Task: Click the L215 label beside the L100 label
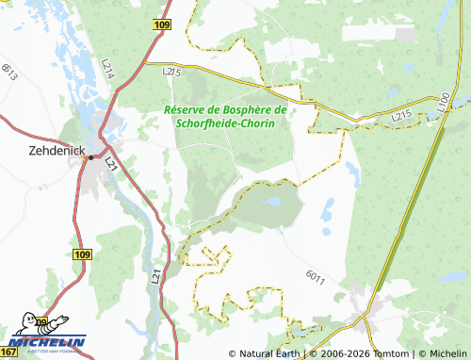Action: pyautogui.click(x=403, y=115)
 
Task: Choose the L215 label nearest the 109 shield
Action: pyautogui.click(x=171, y=71)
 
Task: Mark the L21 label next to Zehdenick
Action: pyautogui.click(x=111, y=164)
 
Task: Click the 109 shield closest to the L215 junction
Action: pyautogui.click(x=160, y=24)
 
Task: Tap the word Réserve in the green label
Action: pyautogui.click(x=187, y=110)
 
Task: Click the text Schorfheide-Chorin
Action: pyautogui.click(x=223, y=123)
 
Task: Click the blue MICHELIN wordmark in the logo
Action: pyautogui.click(x=47, y=343)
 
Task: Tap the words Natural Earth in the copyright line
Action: pyautogui.click(x=268, y=353)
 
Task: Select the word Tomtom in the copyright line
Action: pyautogui.click(x=388, y=353)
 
